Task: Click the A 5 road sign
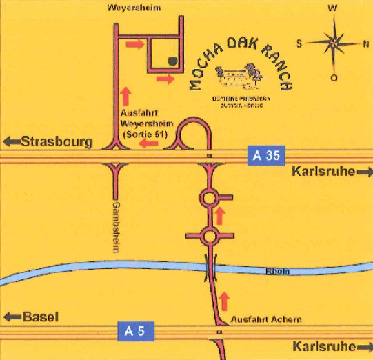135,330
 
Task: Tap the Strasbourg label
56,142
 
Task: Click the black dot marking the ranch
172,61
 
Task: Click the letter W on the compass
333,8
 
